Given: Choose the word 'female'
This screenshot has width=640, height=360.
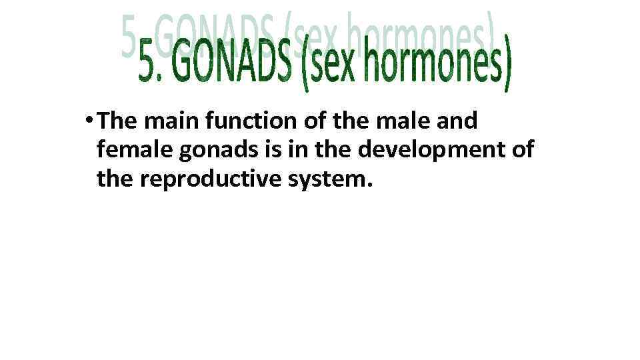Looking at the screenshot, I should click(134, 150).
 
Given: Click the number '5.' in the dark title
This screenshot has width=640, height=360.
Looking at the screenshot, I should click(151, 65).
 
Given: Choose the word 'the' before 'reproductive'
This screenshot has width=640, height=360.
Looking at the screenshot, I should click(117, 179).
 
